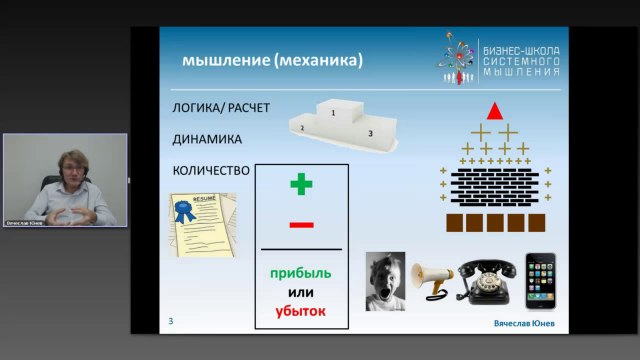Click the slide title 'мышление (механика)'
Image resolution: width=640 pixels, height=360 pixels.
272,61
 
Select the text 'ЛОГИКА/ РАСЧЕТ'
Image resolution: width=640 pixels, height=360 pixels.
222,108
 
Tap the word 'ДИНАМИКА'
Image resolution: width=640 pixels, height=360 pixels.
207,139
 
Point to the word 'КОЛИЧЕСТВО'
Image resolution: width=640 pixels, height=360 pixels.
211,170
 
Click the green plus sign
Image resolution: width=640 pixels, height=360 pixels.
301,184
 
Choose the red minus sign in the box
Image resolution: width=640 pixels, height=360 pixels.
301,225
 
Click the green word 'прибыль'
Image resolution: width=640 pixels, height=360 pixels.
301,273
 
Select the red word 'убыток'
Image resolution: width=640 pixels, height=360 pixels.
301,311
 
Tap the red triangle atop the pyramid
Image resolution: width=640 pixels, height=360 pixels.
494,110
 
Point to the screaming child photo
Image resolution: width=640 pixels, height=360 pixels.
385,280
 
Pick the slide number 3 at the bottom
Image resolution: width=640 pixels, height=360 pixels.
171,321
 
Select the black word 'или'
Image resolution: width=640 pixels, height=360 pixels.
301,292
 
